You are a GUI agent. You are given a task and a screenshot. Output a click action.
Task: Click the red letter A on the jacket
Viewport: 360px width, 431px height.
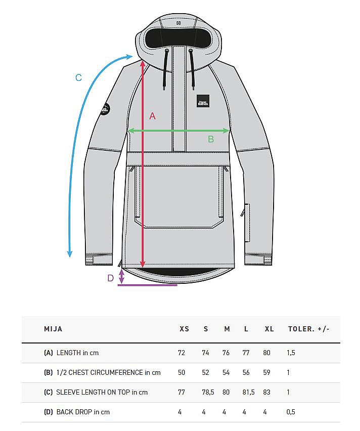click(x=152, y=116)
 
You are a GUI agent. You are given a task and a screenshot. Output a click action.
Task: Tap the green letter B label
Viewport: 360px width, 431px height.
click(x=211, y=139)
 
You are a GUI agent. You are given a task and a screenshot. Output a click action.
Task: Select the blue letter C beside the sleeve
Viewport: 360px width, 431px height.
click(x=78, y=77)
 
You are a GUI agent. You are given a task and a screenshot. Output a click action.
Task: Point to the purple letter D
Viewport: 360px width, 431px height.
click(x=111, y=278)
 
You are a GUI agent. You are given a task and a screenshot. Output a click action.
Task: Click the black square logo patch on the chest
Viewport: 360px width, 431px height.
click(x=203, y=101)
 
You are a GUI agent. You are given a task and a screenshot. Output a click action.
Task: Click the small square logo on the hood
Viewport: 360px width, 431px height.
click(x=178, y=22)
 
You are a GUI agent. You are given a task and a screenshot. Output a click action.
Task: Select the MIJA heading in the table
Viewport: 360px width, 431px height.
click(x=53, y=329)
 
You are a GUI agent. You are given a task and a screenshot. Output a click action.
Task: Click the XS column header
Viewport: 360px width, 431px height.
click(x=184, y=329)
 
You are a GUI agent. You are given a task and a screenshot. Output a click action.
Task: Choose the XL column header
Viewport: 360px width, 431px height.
click(x=269, y=329)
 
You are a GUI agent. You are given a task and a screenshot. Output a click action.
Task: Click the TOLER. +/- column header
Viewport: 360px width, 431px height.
click(x=308, y=329)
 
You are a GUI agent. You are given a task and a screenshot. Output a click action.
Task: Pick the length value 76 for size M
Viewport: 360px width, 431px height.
click(x=226, y=353)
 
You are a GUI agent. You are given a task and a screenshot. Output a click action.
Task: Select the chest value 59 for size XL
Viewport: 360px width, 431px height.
click(x=267, y=372)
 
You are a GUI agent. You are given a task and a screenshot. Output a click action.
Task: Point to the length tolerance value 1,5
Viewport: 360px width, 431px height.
click(x=291, y=353)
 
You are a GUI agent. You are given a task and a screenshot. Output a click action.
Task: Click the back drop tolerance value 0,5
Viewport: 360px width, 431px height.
click(x=291, y=412)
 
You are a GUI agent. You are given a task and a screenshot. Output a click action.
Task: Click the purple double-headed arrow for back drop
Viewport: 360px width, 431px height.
click(x=121, y=276)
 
